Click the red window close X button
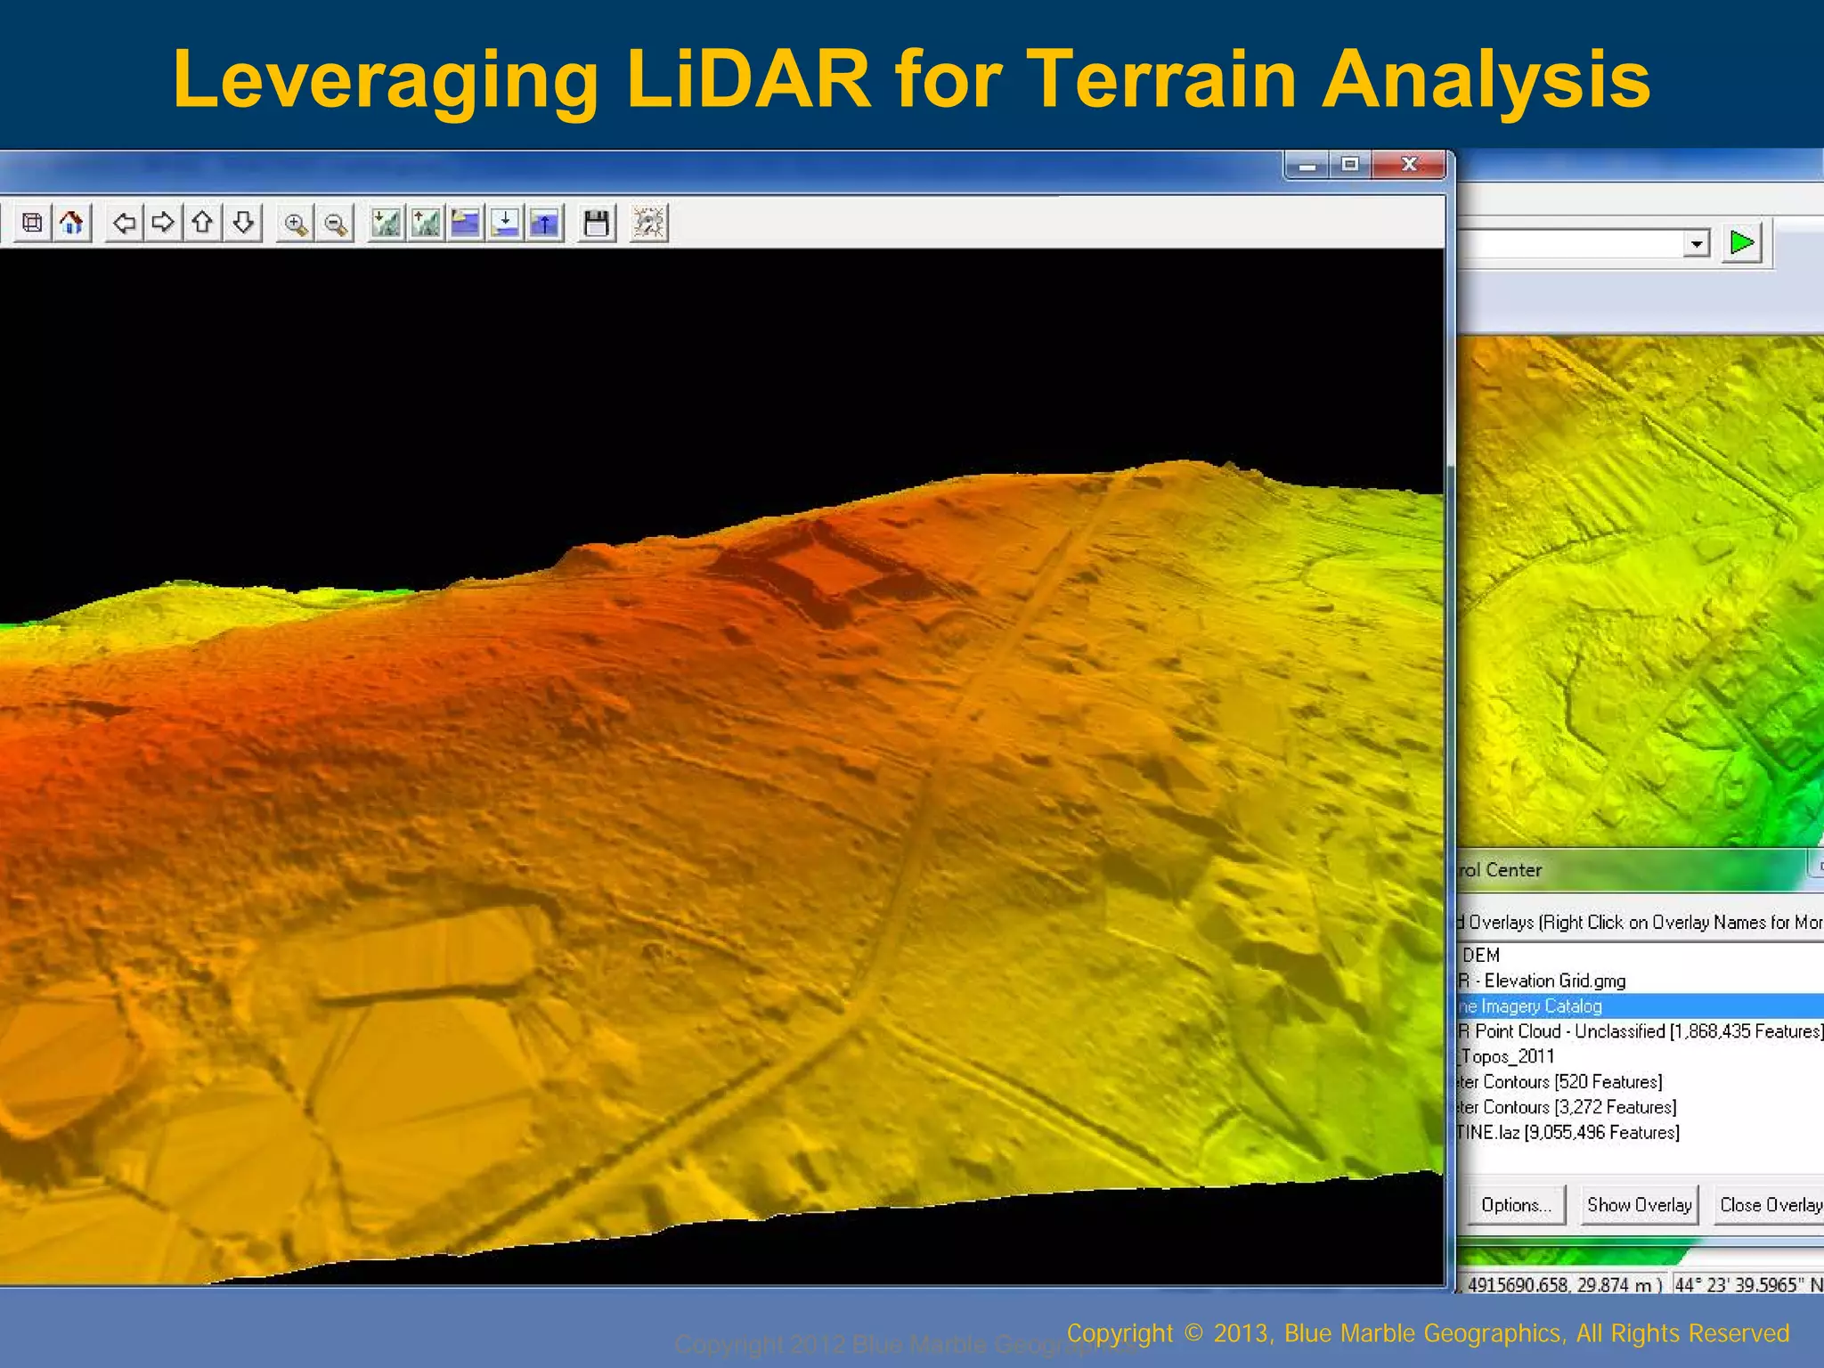[x=1408, y=165]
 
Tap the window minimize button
[x=1307, y=165]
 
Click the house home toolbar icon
[x=72, y=223]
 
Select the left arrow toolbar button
[x=124, y=223]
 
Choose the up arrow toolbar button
[x=203, y=223]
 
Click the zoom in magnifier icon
[x=296, y=224]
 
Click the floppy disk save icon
[x=596, y=223]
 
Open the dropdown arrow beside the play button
[x=1697, y=243]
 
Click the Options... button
[x=1516, y=1205]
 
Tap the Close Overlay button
[x=1770, y=1205]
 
